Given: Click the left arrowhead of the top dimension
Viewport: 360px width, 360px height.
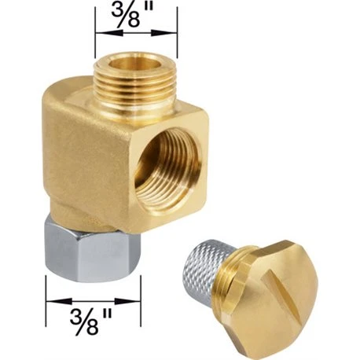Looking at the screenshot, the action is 109,33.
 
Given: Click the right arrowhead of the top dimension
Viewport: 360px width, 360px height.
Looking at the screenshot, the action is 163,33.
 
